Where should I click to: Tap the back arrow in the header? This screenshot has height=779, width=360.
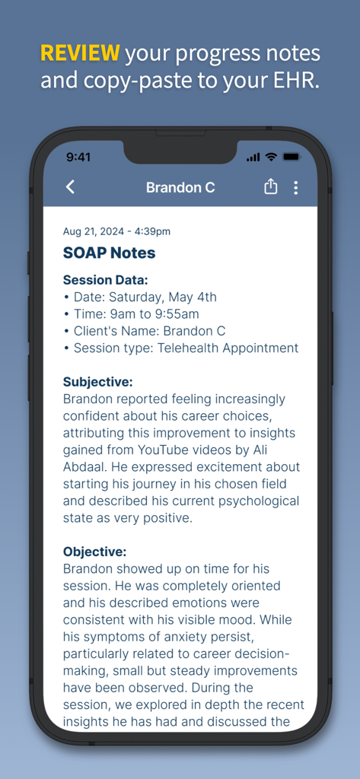(70, 187)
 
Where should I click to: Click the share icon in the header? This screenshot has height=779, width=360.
(270, 187)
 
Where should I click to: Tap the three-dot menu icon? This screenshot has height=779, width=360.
(295, 187)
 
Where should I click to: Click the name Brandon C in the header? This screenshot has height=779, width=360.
(180, 187)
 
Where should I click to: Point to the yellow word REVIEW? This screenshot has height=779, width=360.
(80, 53)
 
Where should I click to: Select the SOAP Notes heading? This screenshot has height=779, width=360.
(109, 253)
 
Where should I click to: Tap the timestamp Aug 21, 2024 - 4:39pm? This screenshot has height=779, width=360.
(116, 231)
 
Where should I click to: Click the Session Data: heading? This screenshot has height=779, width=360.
(105, 280)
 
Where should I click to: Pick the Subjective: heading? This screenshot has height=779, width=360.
(97, 382)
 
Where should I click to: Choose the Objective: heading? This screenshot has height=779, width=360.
(94, 552)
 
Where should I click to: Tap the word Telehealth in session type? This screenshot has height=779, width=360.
(193, 348)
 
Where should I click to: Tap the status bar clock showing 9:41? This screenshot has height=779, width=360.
(78, 157)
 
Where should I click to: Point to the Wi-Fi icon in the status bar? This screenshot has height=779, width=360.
(271, 157)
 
